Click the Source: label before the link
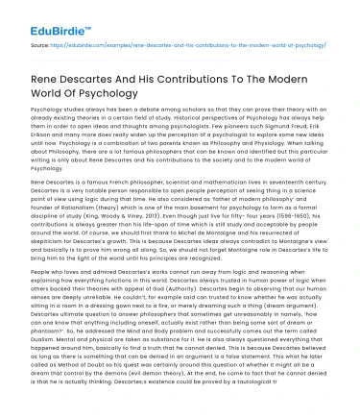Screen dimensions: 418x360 [41, 45]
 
